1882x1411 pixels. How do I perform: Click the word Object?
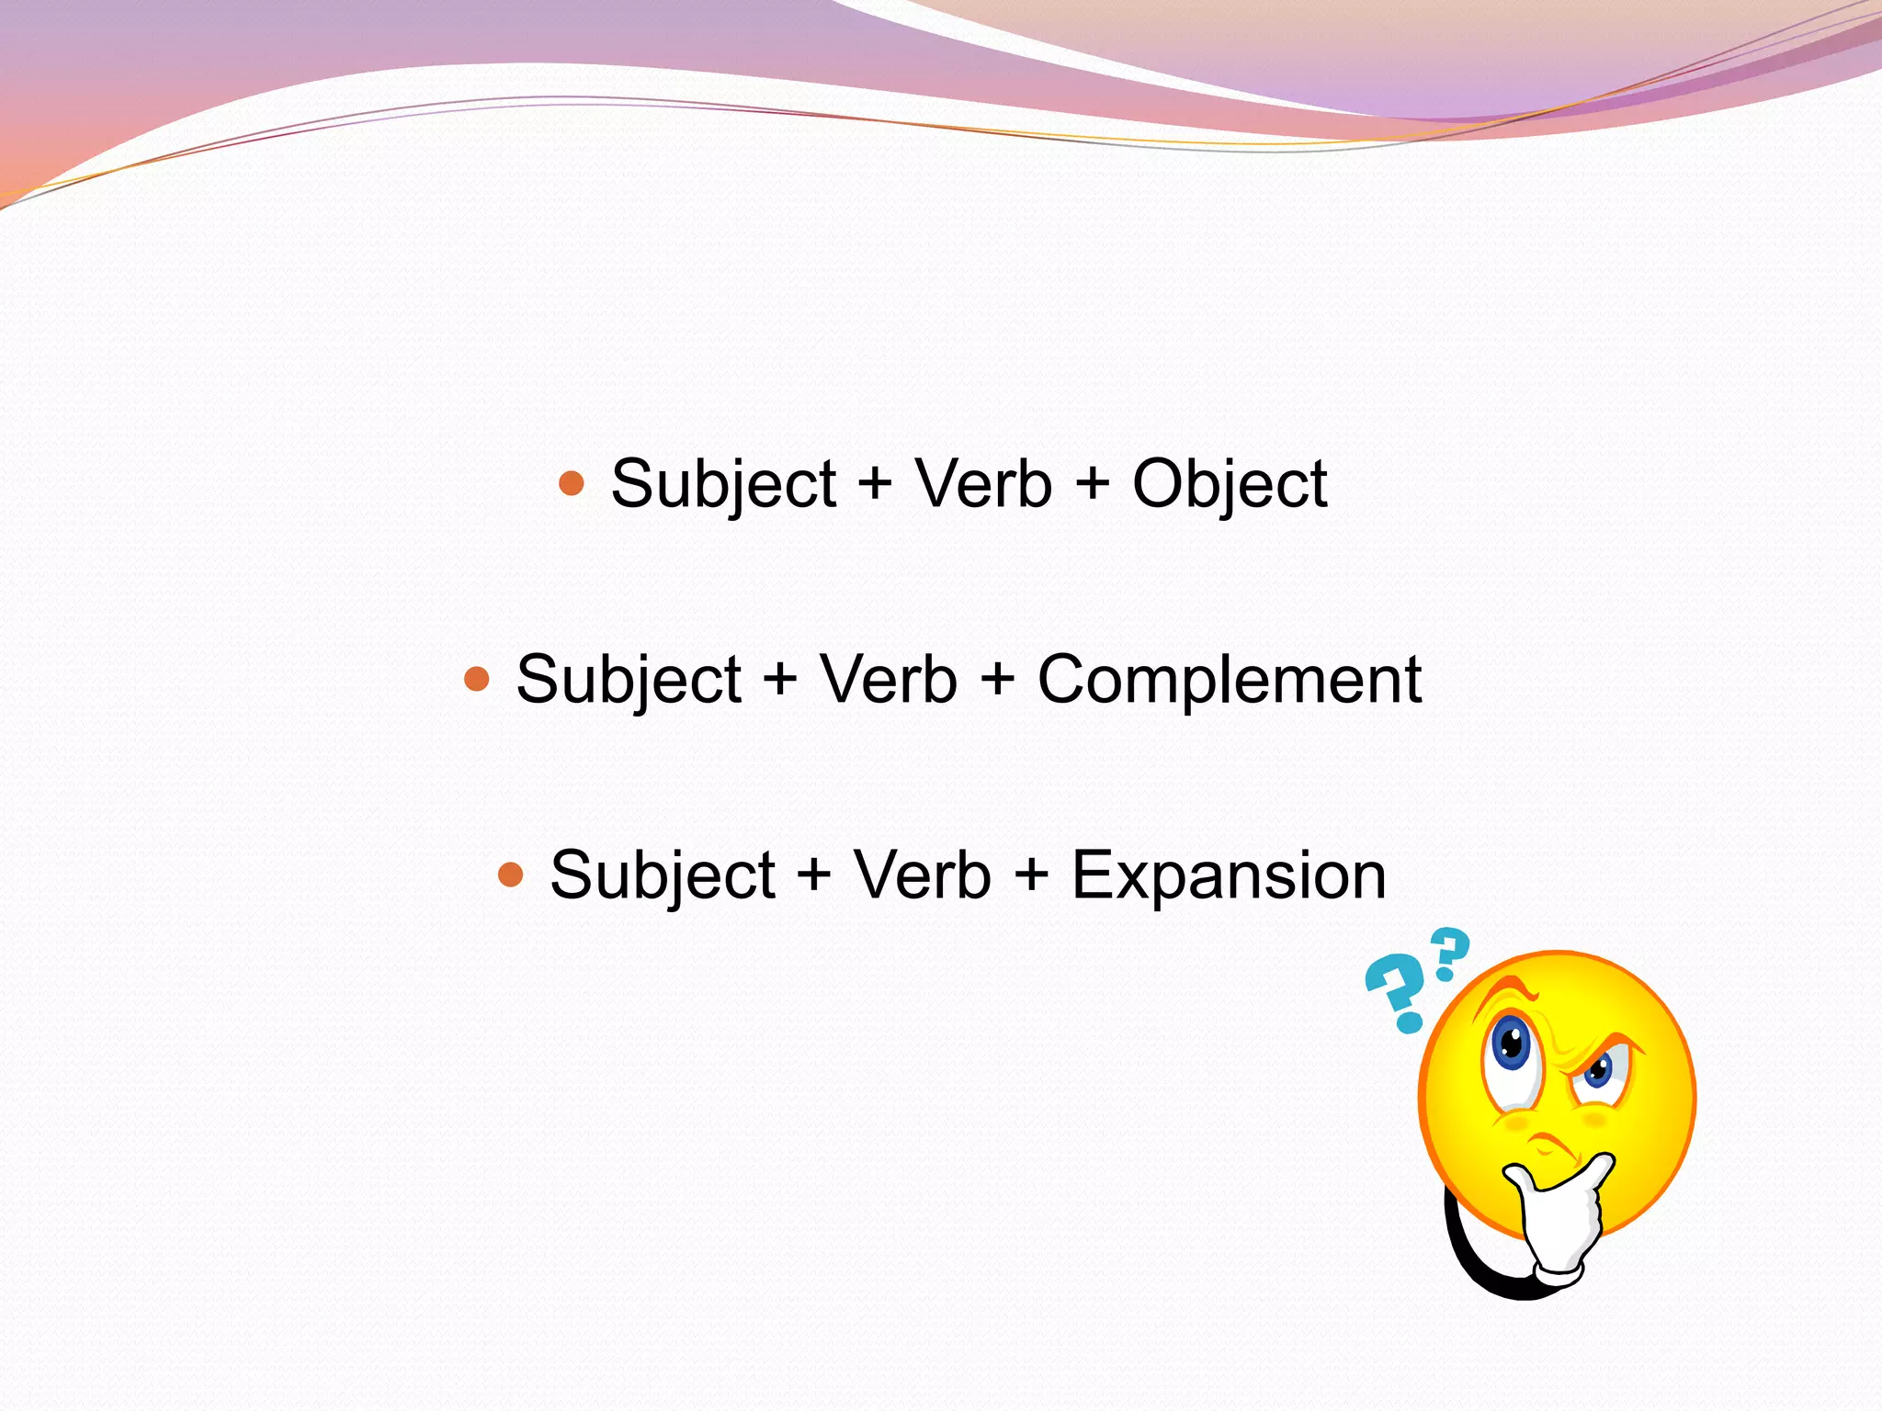(1229, 484)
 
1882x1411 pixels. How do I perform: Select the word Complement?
(1229, 680)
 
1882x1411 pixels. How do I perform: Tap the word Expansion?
(1229, 875)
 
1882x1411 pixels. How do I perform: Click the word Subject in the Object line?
(723, 484)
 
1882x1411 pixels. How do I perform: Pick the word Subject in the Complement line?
(629, 680)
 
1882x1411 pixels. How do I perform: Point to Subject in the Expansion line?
(663, 875)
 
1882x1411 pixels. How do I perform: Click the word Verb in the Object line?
(982, 484)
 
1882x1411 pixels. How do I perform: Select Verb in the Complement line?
(888, 680)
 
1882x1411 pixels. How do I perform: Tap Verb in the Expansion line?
(922, 875)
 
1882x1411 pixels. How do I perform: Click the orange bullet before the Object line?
(572, 483)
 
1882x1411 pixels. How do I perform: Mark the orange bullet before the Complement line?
(477, 679)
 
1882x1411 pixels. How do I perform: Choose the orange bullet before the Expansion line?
(511, 874)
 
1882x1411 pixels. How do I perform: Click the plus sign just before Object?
(1093, 484)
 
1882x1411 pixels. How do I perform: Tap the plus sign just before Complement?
(998, 680)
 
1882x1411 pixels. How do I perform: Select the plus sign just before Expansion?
(1032, 875)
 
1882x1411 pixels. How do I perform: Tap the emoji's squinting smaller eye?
(1600, 1070)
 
